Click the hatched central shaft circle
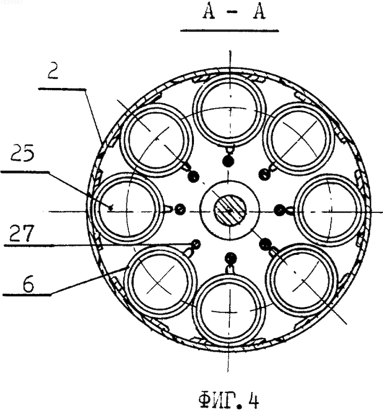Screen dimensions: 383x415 (x=230, y=211)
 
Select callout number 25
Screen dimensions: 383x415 (x=23, y=153)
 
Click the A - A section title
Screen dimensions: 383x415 (x=234, y=13)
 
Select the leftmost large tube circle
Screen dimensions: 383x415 (x=128, y=209)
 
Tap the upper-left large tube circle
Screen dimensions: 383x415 (x=157, y=140)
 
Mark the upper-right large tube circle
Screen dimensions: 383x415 (x=298, y=139)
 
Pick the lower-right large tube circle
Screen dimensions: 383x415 (x=302, y=280)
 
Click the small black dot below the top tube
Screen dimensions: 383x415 (x=228, y=161)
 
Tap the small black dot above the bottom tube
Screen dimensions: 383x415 (x=231, y=259)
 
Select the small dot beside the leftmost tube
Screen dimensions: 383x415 (x=180, y=209)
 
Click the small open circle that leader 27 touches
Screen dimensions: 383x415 (x=196, y=243)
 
